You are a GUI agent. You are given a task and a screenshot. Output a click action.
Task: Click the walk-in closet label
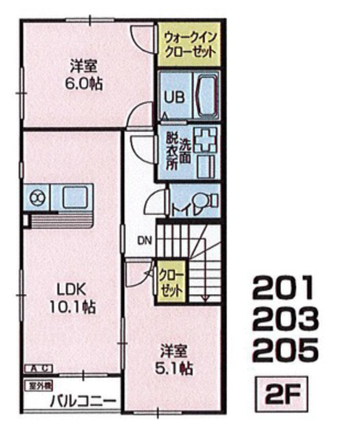189,45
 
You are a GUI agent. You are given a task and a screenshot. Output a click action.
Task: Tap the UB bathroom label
174,97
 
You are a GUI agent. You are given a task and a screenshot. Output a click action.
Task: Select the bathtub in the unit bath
207,95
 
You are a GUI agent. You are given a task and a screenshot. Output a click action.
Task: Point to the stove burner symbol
37,198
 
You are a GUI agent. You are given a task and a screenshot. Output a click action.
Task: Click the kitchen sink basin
76,197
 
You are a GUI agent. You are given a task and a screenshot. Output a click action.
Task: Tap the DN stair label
144,240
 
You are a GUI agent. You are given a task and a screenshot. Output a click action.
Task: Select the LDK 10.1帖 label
72,298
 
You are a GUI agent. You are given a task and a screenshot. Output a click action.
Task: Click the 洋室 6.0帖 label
84,75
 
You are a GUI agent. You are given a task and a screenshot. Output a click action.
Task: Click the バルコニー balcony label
83,401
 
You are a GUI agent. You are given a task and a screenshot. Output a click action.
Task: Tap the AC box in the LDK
38,369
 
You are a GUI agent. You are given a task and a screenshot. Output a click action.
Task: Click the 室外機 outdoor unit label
39,386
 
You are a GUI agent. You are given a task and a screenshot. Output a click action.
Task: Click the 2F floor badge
281,394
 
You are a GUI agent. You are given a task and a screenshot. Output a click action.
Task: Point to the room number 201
283,287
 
